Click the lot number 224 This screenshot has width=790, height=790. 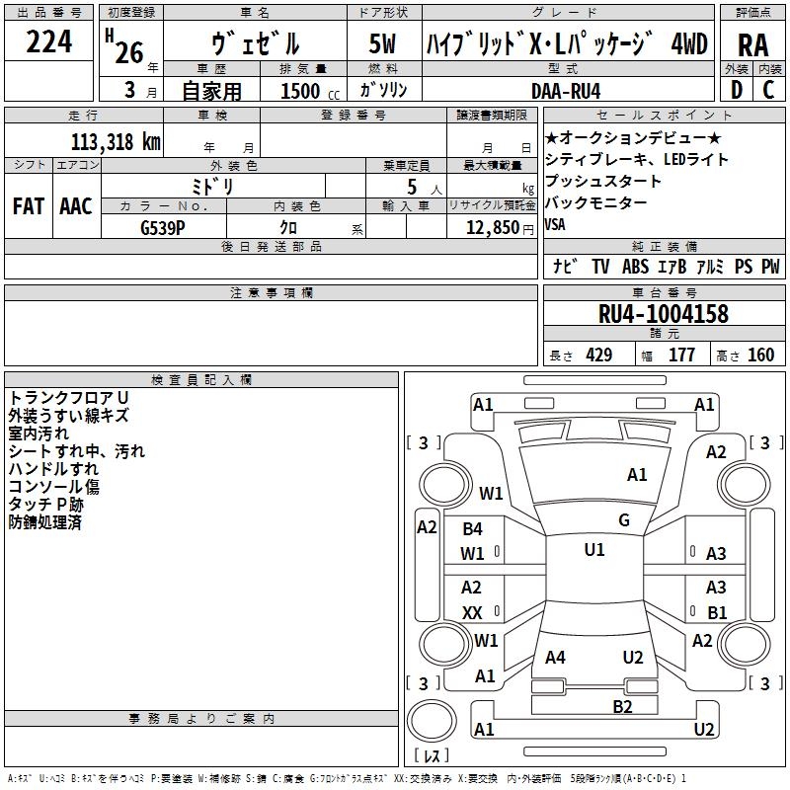pyautogui.click(x=48, y=41)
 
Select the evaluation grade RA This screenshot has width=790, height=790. pyautogui.click(x=752, y=44)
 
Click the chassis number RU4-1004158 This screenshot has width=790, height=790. pyautogui.click(x=664, y=314)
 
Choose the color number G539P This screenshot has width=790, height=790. pyautogui.click(x=165, y=227)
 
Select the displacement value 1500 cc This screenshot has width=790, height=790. pyautogui.click(x=306, y=91)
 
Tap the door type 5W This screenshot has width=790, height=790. pyautogui.click(x=382, y=44)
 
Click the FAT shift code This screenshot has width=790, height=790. pyautogui.click(x=28, y=206)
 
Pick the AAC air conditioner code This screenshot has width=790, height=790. pyautogui.click(x=75, y=206)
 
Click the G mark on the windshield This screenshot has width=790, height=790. pyautogui.click(x=624, y=520)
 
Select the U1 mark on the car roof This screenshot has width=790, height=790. pyautogui.click(x=593, y=550)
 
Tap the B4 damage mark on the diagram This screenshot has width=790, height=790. pyautogui.click(x=472, y=529)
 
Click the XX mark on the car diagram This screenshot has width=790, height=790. pyautogui.click(x=472, y=612)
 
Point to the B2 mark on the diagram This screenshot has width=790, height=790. pyautogui.click(x=622, y=705)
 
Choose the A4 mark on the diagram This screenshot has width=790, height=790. pyautogui.click(x=555, y=658)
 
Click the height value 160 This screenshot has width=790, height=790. pyautogui.click(x=760, y=355)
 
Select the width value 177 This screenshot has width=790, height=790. pyautogui.click(x=681, y=355)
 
